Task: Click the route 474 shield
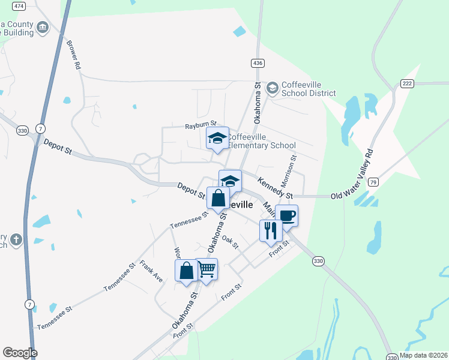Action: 19,6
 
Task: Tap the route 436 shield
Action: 258,63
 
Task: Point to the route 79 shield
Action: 373,182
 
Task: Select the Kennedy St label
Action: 275,188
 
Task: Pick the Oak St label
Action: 231,242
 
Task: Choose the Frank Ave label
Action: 151,271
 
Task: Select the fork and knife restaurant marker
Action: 270,230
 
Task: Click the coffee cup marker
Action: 286,215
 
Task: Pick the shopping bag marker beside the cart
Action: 187,271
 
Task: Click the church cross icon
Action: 16,240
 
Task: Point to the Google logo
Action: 20,353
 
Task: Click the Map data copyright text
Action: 423,355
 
